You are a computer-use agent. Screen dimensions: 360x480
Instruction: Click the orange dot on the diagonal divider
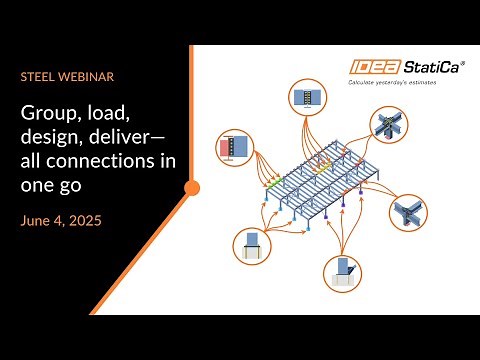(192, 187)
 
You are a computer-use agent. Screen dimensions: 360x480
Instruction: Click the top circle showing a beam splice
(305, 98)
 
